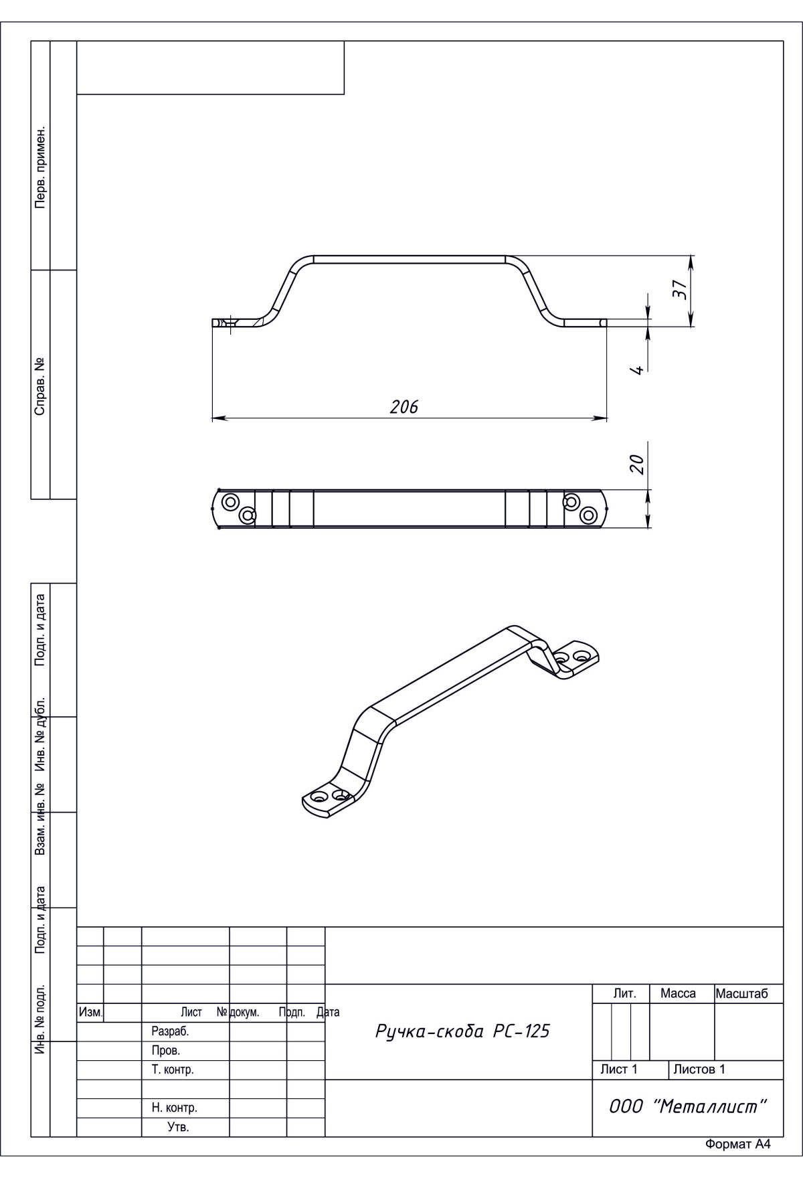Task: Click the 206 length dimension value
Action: (x=404, y=407)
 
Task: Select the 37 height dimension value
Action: (x=680, y=290)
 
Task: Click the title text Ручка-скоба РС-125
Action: (x=462, y=1031)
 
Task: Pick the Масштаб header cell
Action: (x=742, y=994)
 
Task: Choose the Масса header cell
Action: (x=678, y=994)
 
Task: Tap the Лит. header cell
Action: (x=624, y=994)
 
